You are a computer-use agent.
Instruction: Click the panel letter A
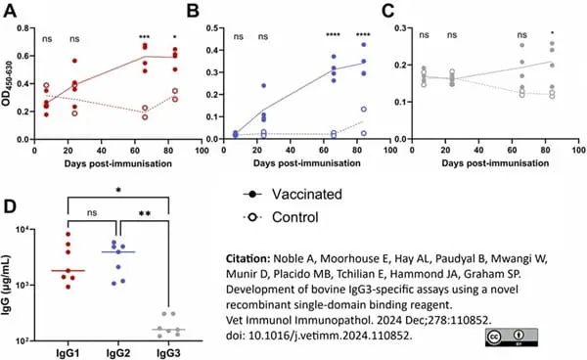10,11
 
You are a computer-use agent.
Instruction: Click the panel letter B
193,11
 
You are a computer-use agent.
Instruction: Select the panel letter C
387,11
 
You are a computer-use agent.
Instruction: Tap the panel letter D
10,207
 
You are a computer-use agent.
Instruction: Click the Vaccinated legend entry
293,195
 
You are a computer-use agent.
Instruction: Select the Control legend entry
281,217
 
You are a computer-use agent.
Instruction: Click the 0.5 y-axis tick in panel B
212,28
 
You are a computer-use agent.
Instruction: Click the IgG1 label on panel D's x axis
68,353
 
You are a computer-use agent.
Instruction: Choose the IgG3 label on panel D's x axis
168,353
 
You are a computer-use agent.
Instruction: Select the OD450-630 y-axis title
7,83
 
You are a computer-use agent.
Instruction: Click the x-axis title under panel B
307,163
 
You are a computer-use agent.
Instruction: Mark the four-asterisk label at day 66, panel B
333,35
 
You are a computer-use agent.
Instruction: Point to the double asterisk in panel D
145,213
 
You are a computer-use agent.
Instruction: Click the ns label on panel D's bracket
92,213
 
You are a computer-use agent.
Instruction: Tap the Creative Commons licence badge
512,337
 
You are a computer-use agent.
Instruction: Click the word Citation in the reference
248,258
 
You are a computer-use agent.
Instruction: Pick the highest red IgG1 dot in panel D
68,234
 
